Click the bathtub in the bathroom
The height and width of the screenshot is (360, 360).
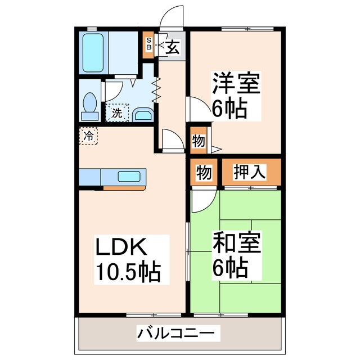pos(93,51)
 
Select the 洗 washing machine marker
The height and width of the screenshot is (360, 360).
pos(117,112)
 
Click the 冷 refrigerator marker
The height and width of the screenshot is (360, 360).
pos(88,136)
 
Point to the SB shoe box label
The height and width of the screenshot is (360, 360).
pos(148,44)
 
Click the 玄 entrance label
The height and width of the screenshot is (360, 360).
pos(172,48)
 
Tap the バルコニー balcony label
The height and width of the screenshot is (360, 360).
pos(175,334)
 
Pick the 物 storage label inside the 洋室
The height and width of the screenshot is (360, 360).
pos(198,141)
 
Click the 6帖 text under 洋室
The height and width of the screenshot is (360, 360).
pos(229,109)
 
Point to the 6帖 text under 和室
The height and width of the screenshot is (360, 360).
pos(229,269)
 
